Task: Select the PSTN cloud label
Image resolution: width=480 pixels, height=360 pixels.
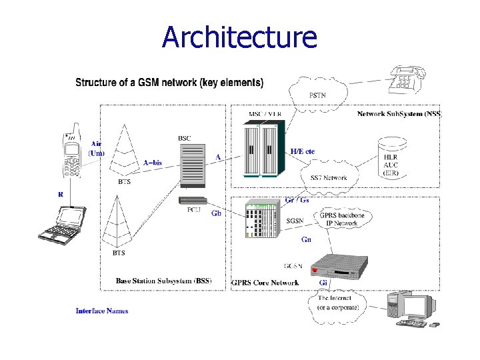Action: [317, 96]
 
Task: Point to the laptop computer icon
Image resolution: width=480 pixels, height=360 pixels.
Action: [61, 223]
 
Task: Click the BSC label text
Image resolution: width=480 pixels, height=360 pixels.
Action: [185, 138]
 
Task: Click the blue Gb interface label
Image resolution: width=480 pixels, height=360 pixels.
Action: [216, 213]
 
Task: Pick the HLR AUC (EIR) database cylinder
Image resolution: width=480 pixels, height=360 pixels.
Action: [391, 158]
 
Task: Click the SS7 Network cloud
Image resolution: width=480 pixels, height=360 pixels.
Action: [329, 178]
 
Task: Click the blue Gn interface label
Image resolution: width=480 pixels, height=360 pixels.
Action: [306, 239]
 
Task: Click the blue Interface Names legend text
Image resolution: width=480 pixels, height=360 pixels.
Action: [102, 311]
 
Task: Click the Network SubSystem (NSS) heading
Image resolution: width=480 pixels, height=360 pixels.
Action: [399, 114]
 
